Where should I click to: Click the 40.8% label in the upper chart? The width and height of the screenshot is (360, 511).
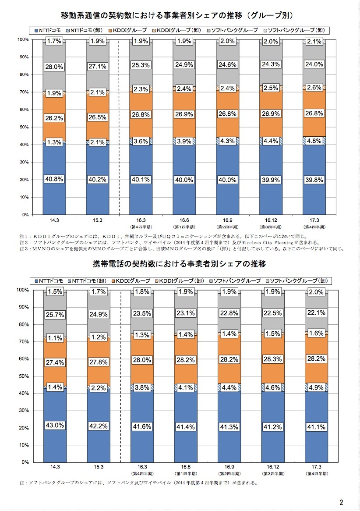point(55,179)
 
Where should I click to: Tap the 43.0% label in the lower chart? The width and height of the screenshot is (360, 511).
point(55,425)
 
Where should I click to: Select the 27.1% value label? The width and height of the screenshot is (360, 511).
point(98,67)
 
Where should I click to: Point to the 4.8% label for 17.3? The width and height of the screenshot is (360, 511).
point(314,141)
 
